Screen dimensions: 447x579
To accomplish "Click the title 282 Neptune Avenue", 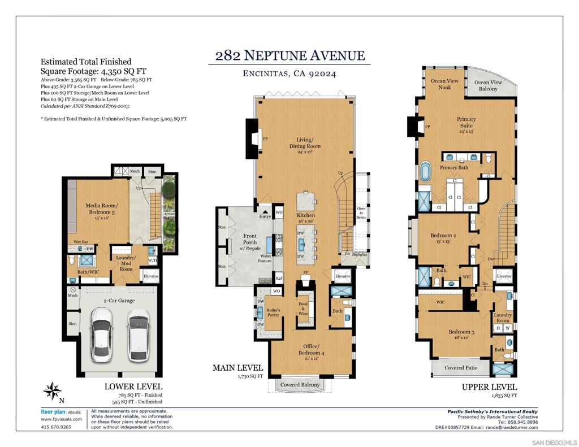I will pyautogui.click(x=289, y=55).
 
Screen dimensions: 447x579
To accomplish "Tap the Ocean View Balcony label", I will pyautogui.click(x=487, y=85).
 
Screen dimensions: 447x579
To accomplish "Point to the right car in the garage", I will pyautogui.click(x=139, y=335).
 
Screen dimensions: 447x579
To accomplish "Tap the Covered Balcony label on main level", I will pyautogui.click(x=301, y=385).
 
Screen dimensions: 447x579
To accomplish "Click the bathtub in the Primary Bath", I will pyautogui.click(x=425, y=171).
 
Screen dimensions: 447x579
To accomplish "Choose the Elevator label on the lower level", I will pyautogui.click(x=151, y=276).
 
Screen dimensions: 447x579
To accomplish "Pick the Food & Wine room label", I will pyautogui.click(x=303, y=307).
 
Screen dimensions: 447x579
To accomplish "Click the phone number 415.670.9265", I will pyautogui.click(x=57, y=427).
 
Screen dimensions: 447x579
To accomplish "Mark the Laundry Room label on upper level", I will pyautogui.click(x=503, y=318).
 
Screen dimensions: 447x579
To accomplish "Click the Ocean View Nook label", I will pyautogui.click(x=444, y=84).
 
